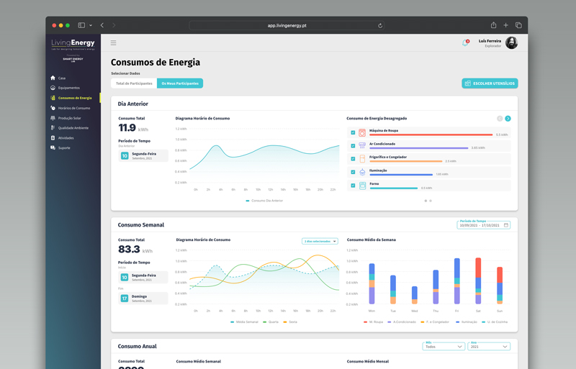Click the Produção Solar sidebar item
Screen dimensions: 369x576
[x=69, y=118]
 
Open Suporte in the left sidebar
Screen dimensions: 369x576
[x=64, y=147]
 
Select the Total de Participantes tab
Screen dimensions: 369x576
[x=134, y=83]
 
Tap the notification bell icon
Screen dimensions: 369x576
[x=465, y=43]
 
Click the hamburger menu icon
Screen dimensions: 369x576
[x=113, y=43]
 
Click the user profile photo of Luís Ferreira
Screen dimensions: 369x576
[x=511, y=43]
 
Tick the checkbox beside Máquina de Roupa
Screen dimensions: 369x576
[x=353, y=133]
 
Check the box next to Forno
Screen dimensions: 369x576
[x=353, y=186]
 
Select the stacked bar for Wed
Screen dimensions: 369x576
[x=414, y=294]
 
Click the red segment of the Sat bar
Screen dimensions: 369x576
[x=478, y=268]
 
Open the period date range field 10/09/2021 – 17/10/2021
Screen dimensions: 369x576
[x=483, y=225]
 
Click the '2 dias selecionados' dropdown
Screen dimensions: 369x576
[x=320, y=241]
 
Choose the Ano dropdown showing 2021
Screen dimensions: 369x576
[x=489, y=347]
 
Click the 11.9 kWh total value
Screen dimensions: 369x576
[x=127, y=128]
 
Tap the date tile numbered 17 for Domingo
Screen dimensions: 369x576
[x=125, y=298]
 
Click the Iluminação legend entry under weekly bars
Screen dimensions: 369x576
[x=467, y=322]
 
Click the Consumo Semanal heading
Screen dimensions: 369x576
[x=141, y=225]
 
